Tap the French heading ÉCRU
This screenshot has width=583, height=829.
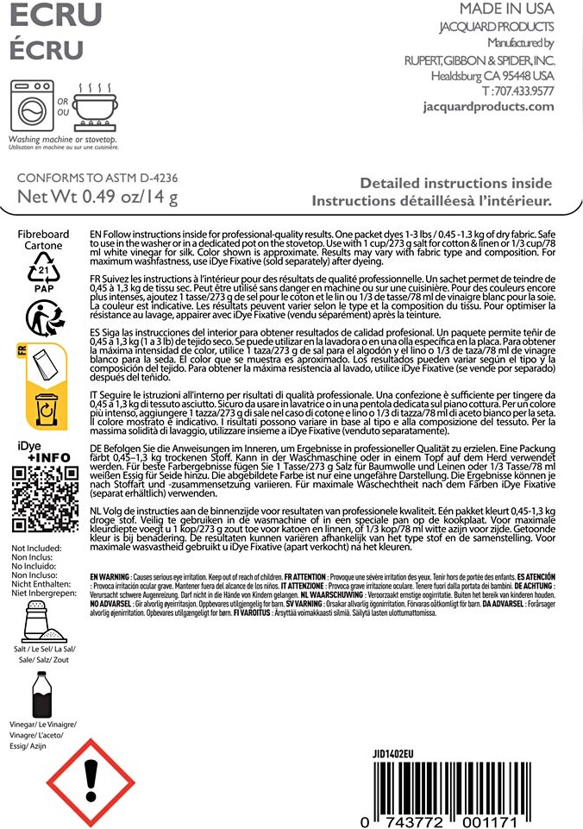click(47, 49)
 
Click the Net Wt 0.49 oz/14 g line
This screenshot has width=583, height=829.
click(98, 198)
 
